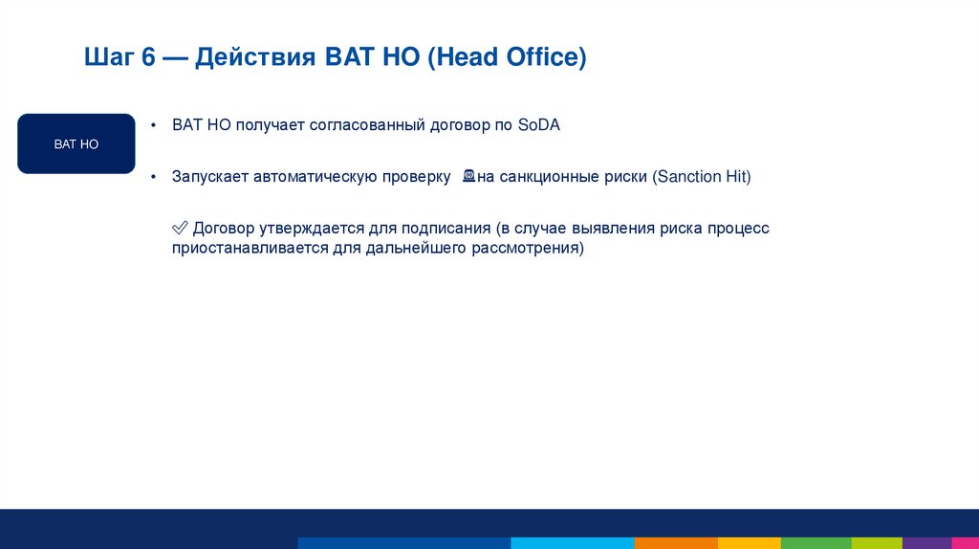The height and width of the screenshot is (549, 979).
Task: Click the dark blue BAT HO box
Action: pos(76,143)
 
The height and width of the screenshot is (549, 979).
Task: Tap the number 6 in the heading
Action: pos(148,58)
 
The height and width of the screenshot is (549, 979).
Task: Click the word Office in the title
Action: pos(546,58)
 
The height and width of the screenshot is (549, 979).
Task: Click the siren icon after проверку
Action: pos(468,176)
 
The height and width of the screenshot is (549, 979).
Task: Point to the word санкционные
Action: pos(547,177)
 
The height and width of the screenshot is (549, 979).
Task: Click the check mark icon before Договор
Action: pos(179,229)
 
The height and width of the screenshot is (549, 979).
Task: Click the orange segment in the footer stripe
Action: pos(675,542)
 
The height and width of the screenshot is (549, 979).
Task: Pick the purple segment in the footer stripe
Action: pos(926,542)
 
